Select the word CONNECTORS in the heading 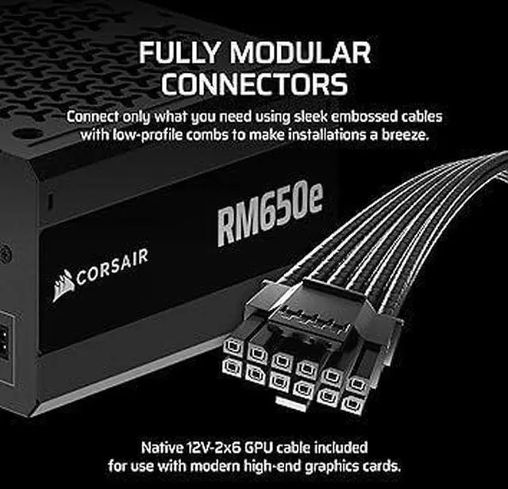click(x=254, y=84)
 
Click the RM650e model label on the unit click(x=270, y=214)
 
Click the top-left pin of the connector click(x=233, y=345)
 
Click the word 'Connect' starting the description click(x=94, y=116)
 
